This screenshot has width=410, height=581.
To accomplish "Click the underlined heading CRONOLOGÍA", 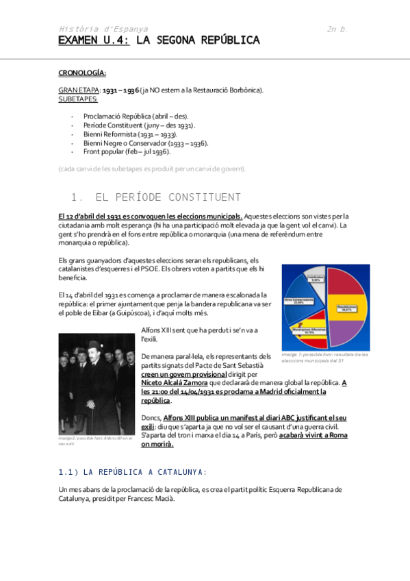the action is [x=82, y=72].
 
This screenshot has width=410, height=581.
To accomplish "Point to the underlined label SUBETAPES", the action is [x=78, y=98].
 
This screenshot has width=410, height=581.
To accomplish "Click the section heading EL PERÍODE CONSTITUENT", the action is [x=168, y=198].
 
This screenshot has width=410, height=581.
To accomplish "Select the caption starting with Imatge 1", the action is [x=325, y=357].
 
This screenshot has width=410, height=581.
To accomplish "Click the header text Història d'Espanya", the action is [x=103, y=29].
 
